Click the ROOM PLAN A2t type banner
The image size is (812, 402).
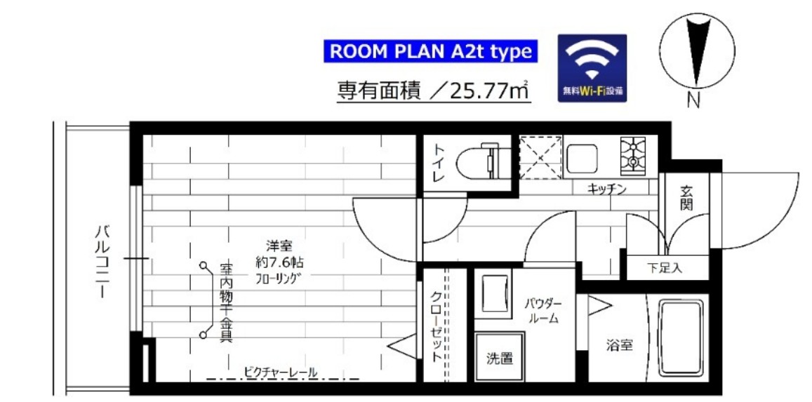pos(430,51)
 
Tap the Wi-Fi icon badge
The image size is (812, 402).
pos(592,69)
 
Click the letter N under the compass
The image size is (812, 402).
pos(694,100)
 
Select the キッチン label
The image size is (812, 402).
pos(607,188)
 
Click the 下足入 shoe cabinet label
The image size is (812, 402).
pos(664,267)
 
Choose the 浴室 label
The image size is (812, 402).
pos(620,345)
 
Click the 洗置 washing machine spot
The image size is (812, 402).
pos(500,358)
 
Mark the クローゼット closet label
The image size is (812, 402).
pos(436,326)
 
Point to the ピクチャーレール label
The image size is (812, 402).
pos(281,371)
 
